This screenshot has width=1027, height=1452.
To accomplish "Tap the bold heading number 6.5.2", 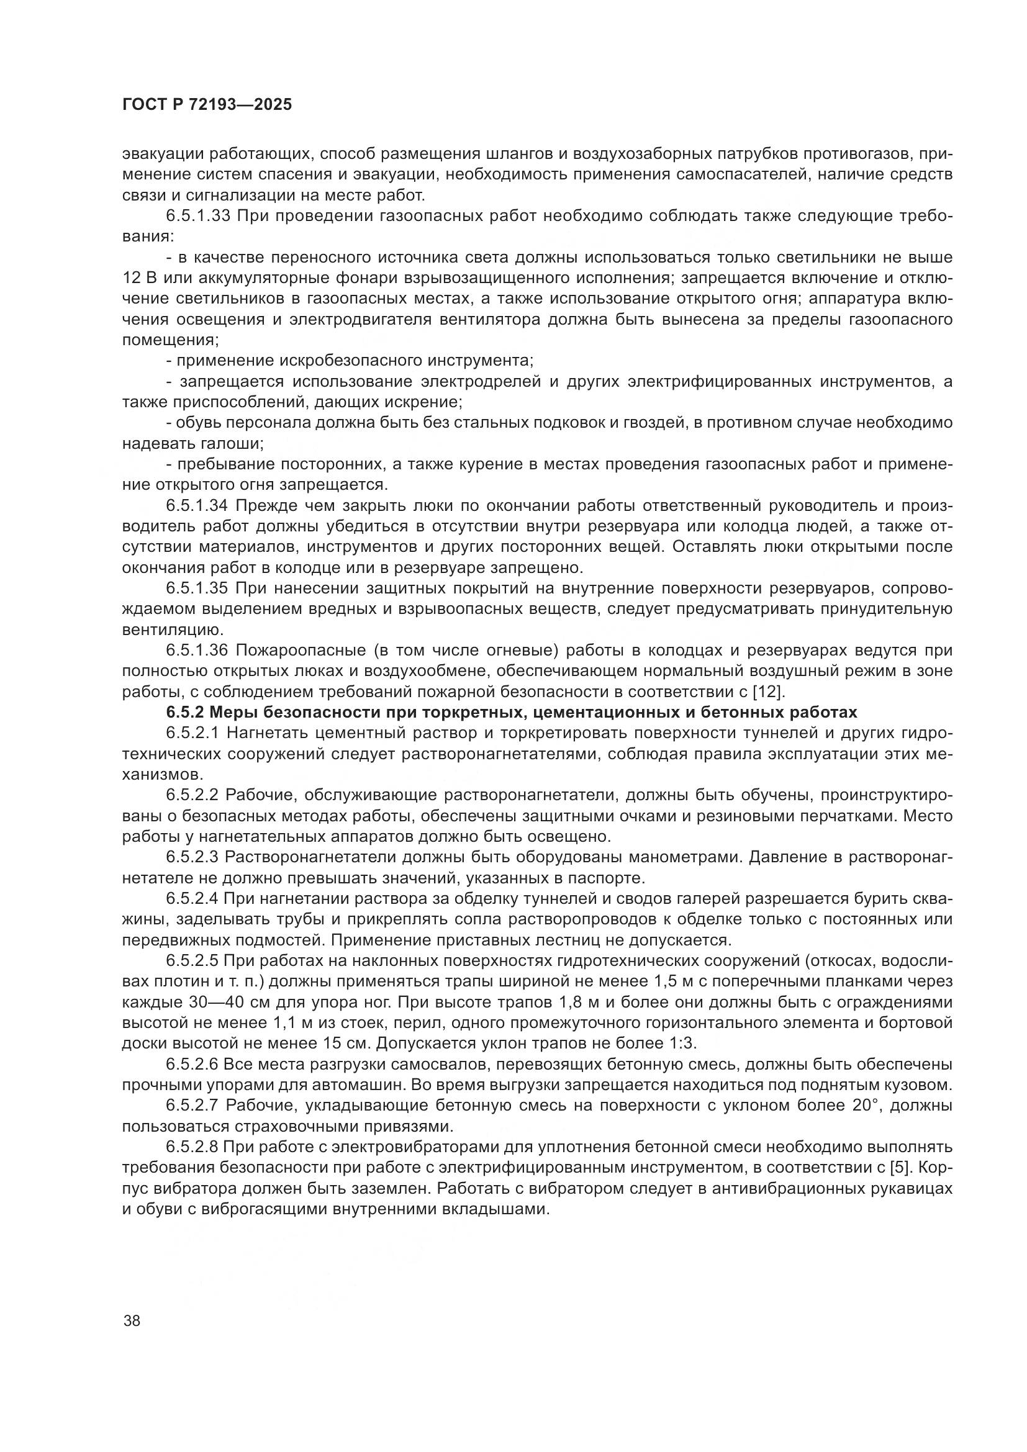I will [184, 712].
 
